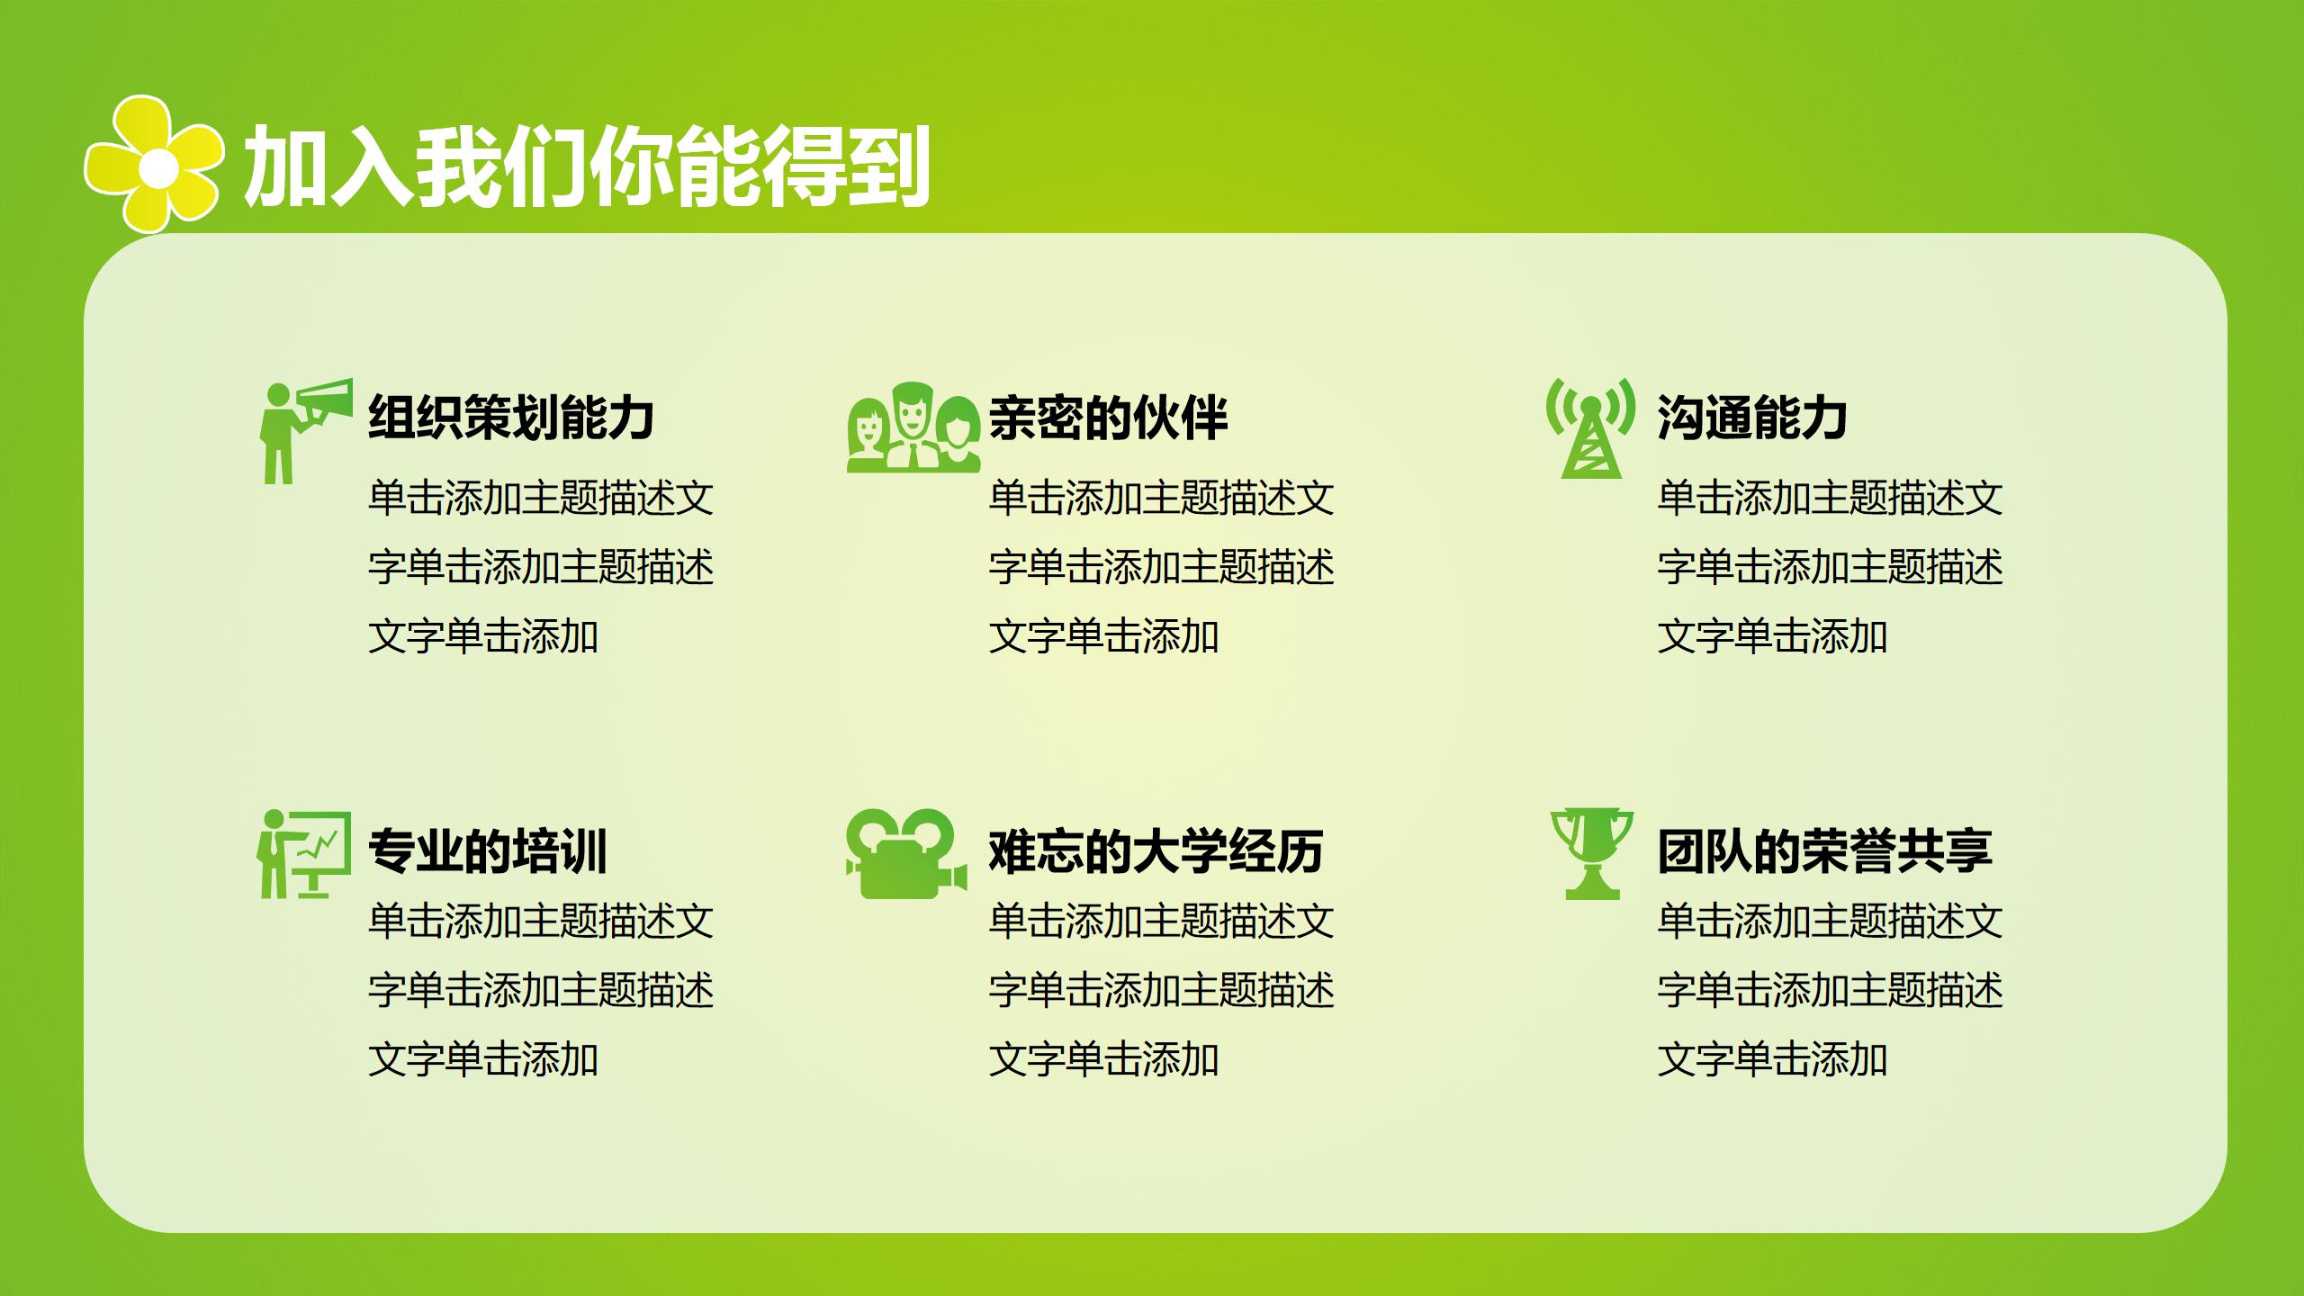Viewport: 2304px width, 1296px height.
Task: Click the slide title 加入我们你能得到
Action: [586, 166]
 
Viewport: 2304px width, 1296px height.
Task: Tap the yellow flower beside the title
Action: [154, 165]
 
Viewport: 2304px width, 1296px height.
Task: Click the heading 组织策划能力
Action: [510, 418]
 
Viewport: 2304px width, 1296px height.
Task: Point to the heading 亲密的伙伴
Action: [1108, 418]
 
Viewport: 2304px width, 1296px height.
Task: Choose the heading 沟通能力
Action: [1751, 418]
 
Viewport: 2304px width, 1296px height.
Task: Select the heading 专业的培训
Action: [488, 851]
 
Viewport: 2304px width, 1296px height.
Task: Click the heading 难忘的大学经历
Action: [1156, 851]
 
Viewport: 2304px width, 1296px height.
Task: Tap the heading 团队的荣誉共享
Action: [1824, 851]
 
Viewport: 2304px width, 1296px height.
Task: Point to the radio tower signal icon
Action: [1590, 428]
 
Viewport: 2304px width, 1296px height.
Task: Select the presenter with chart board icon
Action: [303, 853]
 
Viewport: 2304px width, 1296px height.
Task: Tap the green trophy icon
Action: [1591, 853]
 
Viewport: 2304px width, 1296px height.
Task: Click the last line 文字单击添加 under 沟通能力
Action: [1772, 636]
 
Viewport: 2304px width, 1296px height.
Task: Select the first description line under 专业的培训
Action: [540, 921]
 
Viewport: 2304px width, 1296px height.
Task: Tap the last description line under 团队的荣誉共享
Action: [1772, 1059]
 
